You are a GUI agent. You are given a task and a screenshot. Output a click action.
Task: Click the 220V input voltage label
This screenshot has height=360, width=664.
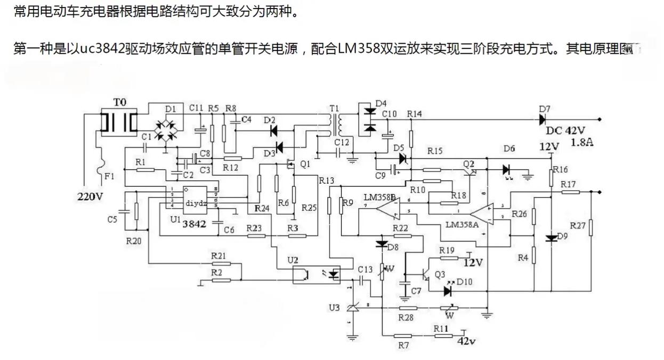click(90, 197)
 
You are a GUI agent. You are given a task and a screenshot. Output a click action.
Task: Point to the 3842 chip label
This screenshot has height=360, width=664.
click(194, 224)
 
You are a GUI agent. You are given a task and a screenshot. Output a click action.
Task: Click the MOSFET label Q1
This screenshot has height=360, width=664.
click(305, 165)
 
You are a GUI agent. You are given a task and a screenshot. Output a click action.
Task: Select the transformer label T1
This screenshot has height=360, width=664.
click(334, 109)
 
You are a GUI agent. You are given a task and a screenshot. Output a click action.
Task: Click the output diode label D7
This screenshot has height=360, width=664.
click(544, 109)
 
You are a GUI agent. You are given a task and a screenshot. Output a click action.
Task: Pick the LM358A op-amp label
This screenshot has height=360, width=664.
click(461, 224)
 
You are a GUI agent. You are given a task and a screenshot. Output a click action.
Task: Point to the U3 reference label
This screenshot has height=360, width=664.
click(334, 307)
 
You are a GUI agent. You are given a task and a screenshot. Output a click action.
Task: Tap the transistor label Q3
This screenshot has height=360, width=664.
click(440, 274)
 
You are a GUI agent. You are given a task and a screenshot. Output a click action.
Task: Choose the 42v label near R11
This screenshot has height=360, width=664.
click(466, 341)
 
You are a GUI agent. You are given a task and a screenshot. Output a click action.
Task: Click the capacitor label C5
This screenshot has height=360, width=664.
click(112, 219)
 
